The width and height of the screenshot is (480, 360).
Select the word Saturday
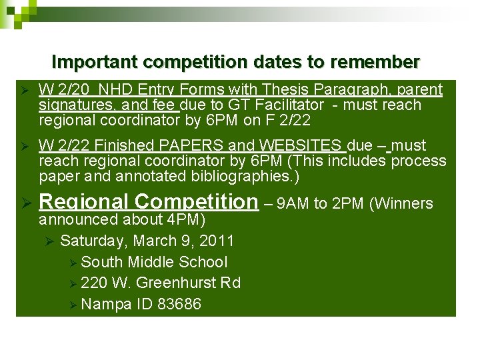(x=89, y=241)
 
